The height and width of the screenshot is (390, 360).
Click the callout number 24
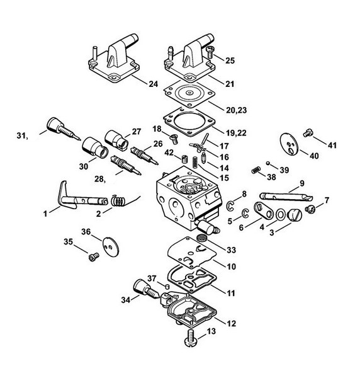coord(154,84)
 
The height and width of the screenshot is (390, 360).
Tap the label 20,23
coord(236,110)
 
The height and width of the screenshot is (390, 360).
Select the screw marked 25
coord(210,52)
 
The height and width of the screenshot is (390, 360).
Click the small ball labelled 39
coord(268,163)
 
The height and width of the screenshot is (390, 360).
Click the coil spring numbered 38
coord(256,170)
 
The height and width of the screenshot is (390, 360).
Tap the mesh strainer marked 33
coord(201,238)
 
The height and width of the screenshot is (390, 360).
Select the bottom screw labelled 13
coord(191,338)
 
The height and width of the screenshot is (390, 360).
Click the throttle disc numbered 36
coord(111,246)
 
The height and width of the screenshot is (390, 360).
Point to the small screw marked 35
coord(94,256)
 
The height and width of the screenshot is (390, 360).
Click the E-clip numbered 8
coord(230,206)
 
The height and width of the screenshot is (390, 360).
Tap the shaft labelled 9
coord(286,196)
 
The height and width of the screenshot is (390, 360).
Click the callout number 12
coord(231,323)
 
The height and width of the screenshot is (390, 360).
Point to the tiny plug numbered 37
coord(167,286)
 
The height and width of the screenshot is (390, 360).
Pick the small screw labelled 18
coord(174,139)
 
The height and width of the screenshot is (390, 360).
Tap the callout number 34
coord(126,300)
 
